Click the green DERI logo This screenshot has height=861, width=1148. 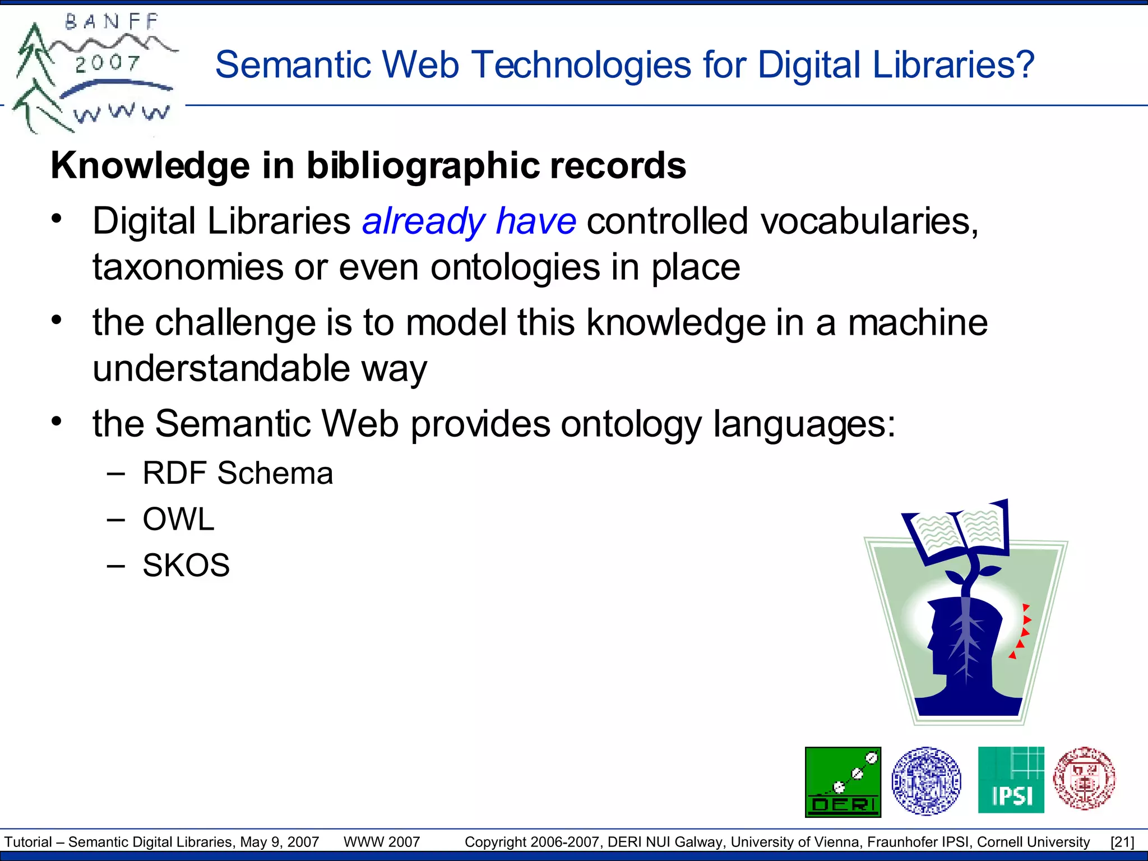[843, 781]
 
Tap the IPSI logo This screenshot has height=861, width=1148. [1011, 780]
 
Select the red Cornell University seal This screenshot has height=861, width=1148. [1084, 779]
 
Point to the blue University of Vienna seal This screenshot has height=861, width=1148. [926, 780]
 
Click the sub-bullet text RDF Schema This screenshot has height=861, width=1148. [238, 473]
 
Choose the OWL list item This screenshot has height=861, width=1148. [178, 519]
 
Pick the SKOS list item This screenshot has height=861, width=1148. [186, 565]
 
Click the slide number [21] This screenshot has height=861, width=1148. [1122, 842]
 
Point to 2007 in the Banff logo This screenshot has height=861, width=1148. [107, 63]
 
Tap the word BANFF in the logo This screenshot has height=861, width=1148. [112, 22]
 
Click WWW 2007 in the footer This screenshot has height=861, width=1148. [382, 842]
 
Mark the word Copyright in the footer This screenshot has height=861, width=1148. [496, 842]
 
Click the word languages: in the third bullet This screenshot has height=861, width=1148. [804, 424]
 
